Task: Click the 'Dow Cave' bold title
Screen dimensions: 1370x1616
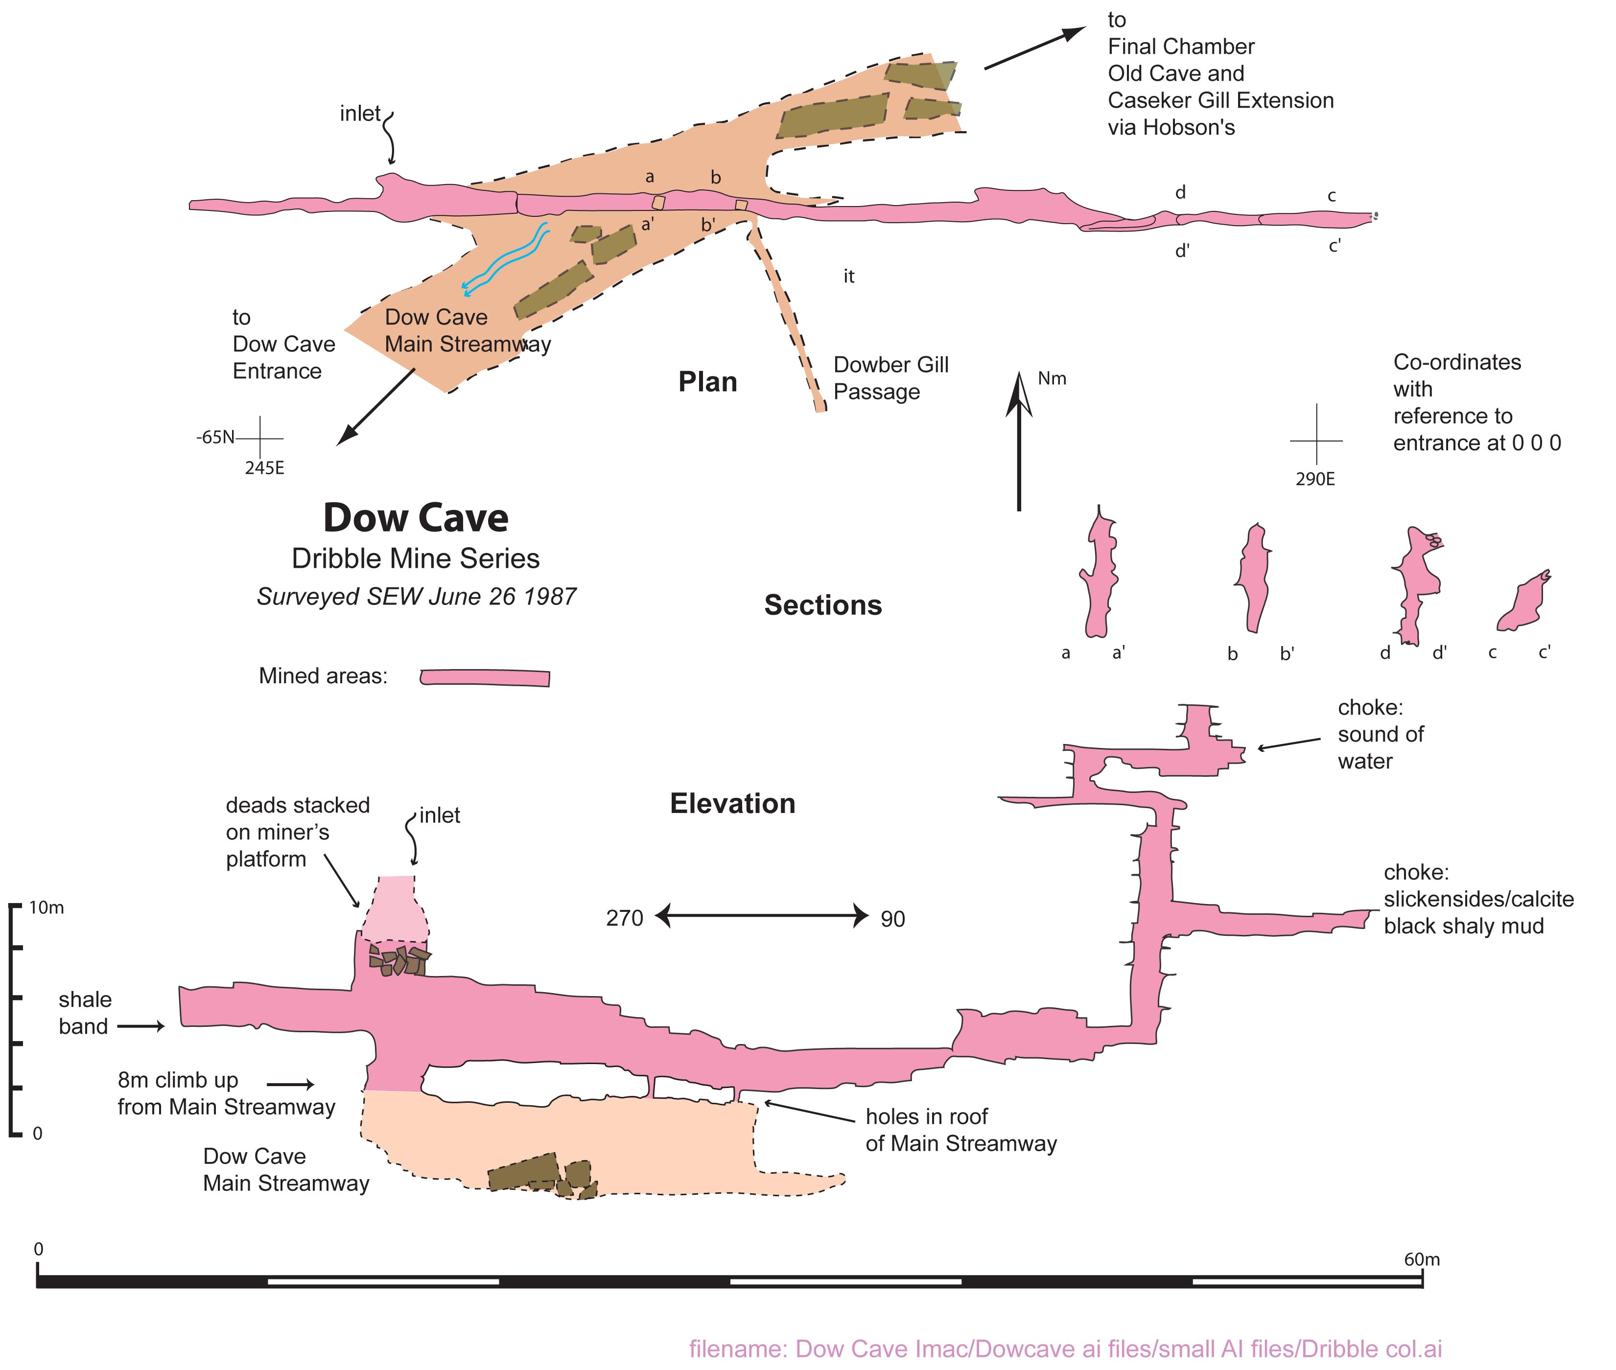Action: pos(416,517)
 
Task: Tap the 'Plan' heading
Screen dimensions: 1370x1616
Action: pos(707,382)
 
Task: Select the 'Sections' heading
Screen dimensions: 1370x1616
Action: pos(823,605)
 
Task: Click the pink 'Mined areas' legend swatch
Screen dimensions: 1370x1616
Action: pos(485,677)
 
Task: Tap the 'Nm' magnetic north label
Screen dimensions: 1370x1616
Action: pos(1052,379)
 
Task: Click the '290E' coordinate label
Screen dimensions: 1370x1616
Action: pos(1314,479)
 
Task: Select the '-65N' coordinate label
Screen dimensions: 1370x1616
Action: pos(215,437)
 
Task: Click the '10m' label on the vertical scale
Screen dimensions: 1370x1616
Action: pos(47,907)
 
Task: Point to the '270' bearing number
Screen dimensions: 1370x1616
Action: pos(625,918)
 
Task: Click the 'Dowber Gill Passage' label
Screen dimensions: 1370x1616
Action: pos(890,378)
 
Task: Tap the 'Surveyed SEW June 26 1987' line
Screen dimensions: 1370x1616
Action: pos(417,597)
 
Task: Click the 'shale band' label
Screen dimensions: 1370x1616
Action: pos(85,1013)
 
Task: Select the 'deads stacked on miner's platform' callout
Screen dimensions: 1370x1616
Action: pos(298,832)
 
